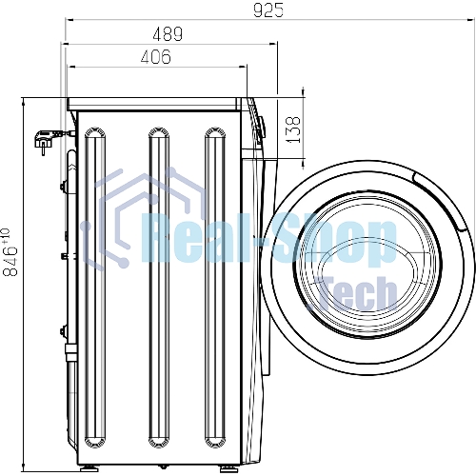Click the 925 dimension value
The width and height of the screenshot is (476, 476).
(x=268, y=10)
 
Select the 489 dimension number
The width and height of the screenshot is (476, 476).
(x=168, y=34)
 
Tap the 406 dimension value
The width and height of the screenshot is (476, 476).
(x=156, y=57)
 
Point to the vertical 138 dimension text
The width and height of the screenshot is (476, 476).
(x=293, y=129)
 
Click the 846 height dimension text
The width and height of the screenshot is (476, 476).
(x=10, y=260)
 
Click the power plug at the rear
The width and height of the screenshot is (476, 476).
(x=46, y=140)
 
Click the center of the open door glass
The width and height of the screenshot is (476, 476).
(x=368, y=267)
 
